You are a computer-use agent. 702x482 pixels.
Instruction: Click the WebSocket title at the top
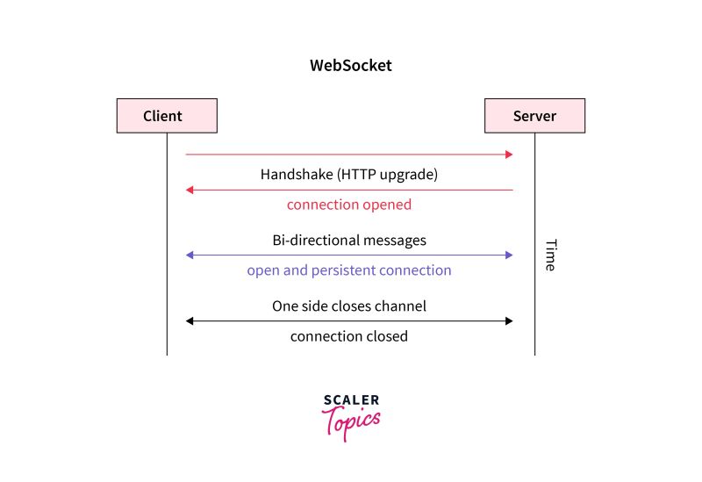[x=350, y=65]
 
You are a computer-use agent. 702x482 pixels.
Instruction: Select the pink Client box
[x=167, y=116]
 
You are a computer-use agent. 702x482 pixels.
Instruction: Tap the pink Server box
[x=534, y=116]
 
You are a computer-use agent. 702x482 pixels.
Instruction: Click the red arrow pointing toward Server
[x=348, y=155]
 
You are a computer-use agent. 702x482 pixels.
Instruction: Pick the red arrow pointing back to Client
[x=348, y=190]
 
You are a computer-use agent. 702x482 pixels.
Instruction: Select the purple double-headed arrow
[x=348, y=255]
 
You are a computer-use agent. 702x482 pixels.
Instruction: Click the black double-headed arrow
[x=348, y=321]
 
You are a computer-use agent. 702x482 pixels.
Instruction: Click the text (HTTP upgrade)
[x=388, y=174]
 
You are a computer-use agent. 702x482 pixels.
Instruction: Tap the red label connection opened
[x=348, y=205]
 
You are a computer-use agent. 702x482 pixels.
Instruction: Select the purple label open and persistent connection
[x=348, y=270]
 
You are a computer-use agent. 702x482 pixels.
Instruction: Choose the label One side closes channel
[x=348, y=306]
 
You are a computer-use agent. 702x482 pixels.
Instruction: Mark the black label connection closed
[x=348, y=336]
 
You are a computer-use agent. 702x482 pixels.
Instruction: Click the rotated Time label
[x=550, y=255]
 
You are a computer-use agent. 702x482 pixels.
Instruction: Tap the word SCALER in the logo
[x=351, y=400]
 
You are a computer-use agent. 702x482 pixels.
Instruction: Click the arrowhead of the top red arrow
[x=509, y=155]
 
